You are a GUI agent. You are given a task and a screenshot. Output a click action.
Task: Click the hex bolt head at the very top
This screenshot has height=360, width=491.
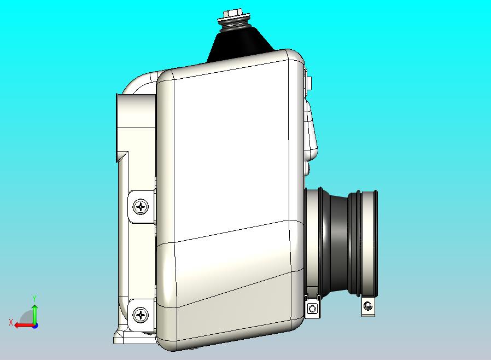point(233,13)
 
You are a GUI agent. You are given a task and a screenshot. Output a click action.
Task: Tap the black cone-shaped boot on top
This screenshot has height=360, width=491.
point(239,44)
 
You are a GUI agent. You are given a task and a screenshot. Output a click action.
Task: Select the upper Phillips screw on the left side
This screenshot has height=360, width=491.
point(141,207)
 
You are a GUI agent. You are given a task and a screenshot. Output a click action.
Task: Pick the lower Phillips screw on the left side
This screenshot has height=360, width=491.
point(141,315)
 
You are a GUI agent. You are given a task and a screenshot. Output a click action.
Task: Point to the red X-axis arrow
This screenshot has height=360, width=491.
point(25,325)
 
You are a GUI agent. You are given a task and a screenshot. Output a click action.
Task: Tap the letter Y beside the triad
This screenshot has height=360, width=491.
point(34,298)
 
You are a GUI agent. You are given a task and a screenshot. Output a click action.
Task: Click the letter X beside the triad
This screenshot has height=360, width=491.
point(11,322)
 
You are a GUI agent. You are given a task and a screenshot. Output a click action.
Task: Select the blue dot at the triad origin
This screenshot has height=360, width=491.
point(36,326)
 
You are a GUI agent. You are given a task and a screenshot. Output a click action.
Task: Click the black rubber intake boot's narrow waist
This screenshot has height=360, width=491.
point(339,243)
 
